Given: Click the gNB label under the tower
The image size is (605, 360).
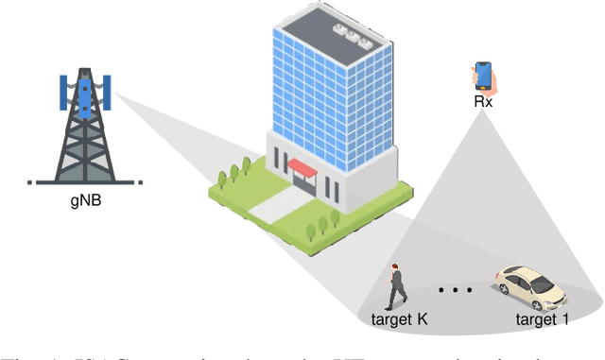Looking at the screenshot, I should (85, 200).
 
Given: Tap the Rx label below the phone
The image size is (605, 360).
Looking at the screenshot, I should (483, 100).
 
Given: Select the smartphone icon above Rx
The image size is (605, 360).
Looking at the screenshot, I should (483, 76).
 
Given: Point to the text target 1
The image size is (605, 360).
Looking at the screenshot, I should (544, 321).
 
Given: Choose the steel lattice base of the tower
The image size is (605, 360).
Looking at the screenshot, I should (85, 151).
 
